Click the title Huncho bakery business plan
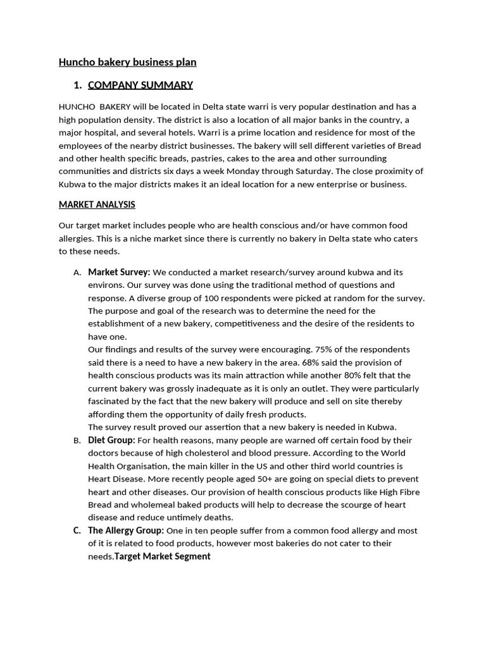click(127, 62)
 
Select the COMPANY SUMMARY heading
click(140, 85)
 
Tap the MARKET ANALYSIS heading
click(97, 205)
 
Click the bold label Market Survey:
click(119, 272)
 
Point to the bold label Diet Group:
click(111, 440)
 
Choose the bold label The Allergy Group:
click(126, 531)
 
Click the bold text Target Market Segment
click(163, 556)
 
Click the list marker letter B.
click(77, 441)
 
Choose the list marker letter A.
click(77, 273)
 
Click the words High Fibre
click(396, 492)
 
